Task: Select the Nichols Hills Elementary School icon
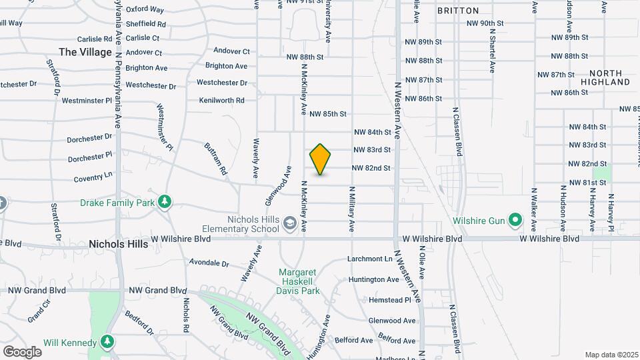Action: click(289, 221)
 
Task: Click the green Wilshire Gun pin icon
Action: click(515, 219)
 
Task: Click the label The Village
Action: click(85, 52)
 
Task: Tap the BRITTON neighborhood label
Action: click(458, 11)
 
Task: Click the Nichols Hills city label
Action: click(117, 245)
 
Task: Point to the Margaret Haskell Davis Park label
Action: click(299, 281)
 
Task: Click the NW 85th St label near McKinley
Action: click(328, 114)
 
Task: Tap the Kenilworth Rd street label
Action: click(222, 101)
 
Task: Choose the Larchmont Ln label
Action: click(370, 259)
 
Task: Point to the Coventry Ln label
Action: click(93, 178)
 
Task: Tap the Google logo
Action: click(22, 351)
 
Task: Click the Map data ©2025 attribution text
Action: click(610, 355)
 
